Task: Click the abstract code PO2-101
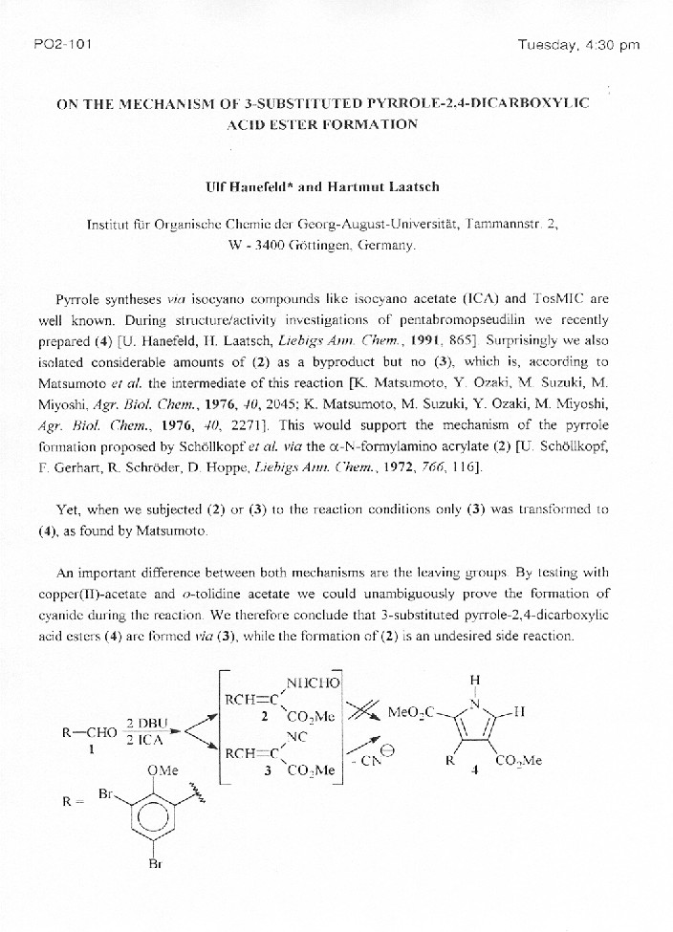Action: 62,44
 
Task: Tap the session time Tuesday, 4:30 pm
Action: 578,44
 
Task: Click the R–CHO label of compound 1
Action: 88,734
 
